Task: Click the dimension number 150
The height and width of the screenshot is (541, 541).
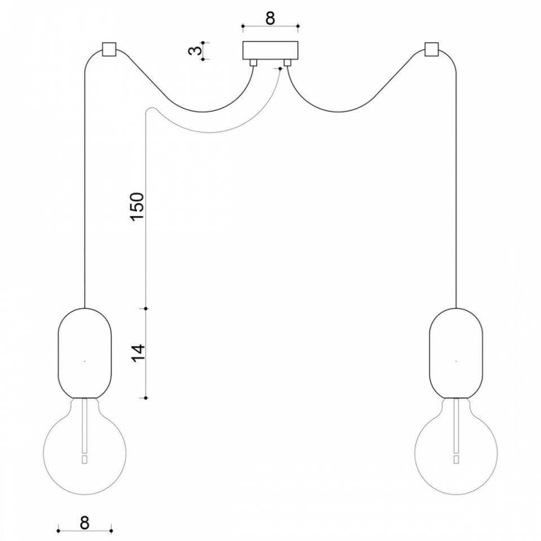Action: point(136,206)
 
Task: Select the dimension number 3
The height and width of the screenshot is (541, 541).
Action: point(196,51)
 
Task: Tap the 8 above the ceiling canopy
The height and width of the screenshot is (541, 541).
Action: point(270,18)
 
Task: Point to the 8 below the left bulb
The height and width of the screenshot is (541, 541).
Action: point(85,523)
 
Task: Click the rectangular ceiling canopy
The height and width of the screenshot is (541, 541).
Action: point(270,50)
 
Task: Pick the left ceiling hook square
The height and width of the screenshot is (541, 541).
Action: point(109,50)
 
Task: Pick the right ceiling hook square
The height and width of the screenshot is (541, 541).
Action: point(432,50)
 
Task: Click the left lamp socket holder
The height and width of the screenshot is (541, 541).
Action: point(85,353)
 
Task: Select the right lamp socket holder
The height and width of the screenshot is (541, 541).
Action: point(456,353)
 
